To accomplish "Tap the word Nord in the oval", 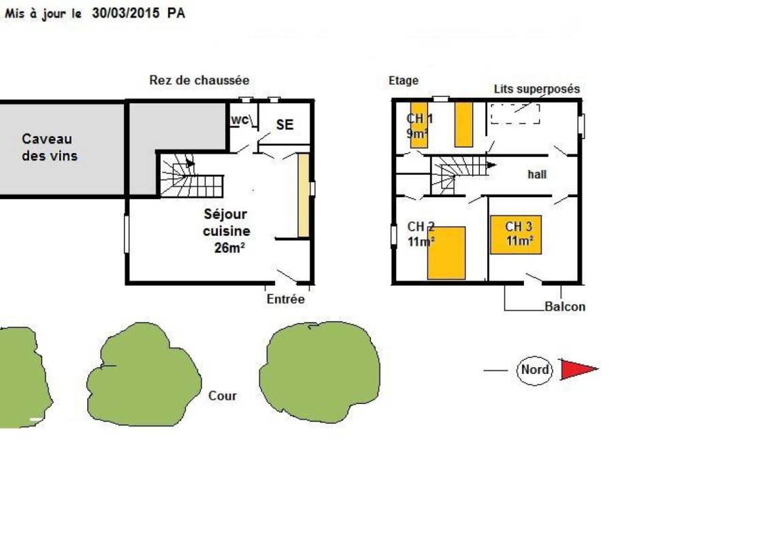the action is coord(534,370).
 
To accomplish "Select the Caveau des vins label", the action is coord(49,148).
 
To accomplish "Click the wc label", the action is coord(240,120).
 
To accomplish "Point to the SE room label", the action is coord(284,124).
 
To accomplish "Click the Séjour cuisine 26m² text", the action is coord(227,231).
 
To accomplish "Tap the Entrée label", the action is coord(286,299).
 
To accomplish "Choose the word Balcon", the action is coord(564,306).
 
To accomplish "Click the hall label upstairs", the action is coord(537,174).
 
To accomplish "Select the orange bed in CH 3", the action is coord(515,235).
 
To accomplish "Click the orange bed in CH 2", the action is coord(446,253).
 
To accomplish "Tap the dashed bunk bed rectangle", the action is coord(515,114).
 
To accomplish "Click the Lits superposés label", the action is coord(537,89).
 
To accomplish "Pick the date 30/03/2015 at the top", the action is coord(125,14).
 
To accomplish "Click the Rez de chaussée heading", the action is coord(199,80).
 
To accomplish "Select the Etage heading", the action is coord(404,80).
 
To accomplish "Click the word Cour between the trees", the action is coord(223,396).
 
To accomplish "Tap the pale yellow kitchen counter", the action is coord(304,195).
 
